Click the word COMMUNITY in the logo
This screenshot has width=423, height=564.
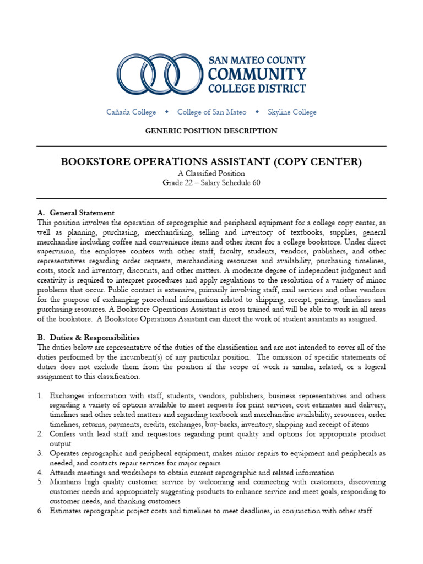click(257, 74)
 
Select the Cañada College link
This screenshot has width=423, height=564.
click(131, 112)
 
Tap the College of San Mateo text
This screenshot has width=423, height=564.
click(211, 112)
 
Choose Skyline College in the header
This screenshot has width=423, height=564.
click(292, 112)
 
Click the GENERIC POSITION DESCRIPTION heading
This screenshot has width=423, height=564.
click(211, 131)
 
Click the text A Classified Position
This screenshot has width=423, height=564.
click(211, 173)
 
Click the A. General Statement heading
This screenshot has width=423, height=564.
click(75, 213)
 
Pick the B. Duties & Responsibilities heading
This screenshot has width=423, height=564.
click(88, 337)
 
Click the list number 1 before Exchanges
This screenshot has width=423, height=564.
click(40, 396)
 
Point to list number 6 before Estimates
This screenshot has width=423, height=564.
click(40, 511)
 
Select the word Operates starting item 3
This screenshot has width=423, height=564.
click(66, 453)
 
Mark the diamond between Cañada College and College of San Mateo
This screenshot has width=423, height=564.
click(166, 112)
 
